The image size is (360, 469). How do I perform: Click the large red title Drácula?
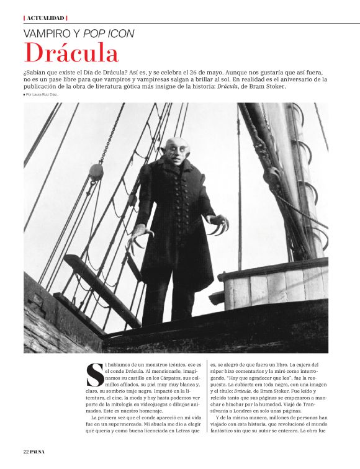71,54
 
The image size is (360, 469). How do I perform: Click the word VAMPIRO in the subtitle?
48,34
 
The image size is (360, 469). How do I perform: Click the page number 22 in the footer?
27,451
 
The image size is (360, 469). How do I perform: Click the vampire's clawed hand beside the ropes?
138,234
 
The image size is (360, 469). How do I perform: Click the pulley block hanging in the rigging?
96,172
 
